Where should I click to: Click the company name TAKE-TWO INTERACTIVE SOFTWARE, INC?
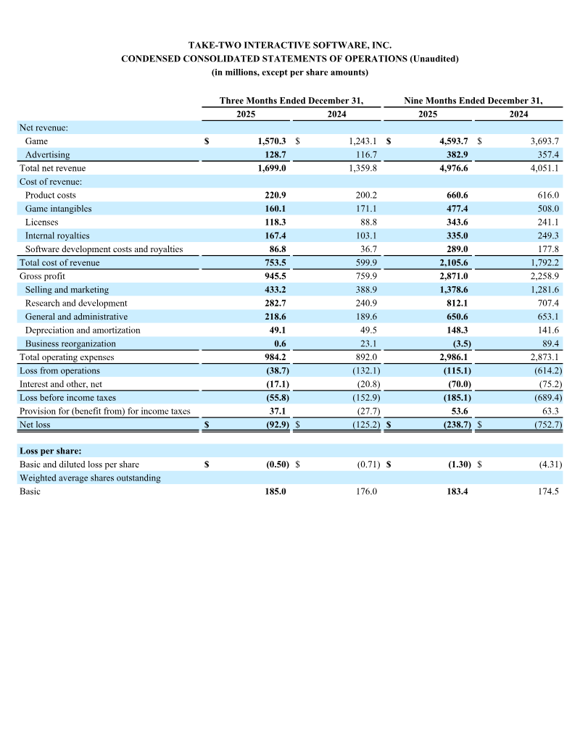[289, 46]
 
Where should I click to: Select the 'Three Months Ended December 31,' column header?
[291, 101]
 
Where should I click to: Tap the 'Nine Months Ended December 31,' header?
[473, 101]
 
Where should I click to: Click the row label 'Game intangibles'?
[58, 209]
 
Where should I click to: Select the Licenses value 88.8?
[366, 222]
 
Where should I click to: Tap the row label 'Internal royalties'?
[57, 236]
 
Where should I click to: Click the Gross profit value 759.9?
[365, 276]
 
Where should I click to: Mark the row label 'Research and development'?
[76, 303]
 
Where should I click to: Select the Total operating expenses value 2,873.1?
[544, 357]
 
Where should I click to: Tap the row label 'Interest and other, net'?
[61, 384]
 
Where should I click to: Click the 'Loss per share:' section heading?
[50, 451]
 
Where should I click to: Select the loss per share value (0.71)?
[367, 464]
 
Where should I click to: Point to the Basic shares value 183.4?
[458, 491]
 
